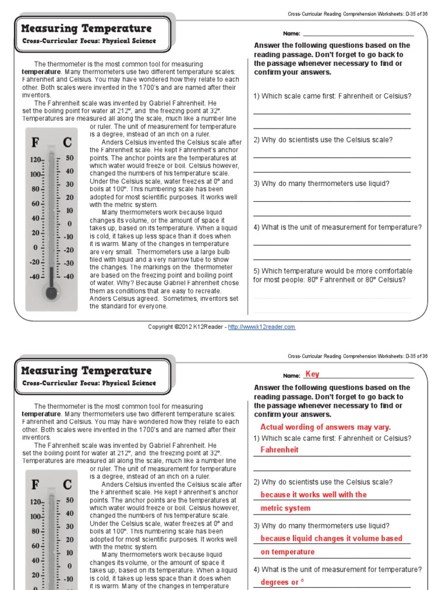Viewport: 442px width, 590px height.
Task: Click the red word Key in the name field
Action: pos(312,375)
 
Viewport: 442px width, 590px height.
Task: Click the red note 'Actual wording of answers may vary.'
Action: pos(325,427)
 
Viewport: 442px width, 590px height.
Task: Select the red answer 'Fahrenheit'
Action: pos(279,450)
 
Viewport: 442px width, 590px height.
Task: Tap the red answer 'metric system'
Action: pos(285,508)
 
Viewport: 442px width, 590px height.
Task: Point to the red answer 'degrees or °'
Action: pos(281,582)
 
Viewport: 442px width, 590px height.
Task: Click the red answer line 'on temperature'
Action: pos(287,552)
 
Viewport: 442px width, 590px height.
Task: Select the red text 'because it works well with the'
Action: pos(313,494)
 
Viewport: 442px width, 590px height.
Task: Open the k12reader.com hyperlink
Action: pos(261,327)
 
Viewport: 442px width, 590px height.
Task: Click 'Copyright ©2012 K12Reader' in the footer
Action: pos(184,327)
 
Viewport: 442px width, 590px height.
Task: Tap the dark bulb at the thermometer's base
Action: pos(51,292)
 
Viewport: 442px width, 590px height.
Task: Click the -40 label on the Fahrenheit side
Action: pos(35,277)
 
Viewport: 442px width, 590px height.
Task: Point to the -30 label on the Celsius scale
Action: pos(68,263)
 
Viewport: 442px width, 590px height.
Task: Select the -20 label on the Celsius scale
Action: pos(68,250)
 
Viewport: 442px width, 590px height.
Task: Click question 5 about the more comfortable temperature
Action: pos(332,275)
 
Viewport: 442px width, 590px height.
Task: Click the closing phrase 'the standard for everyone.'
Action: pos(128,307)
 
